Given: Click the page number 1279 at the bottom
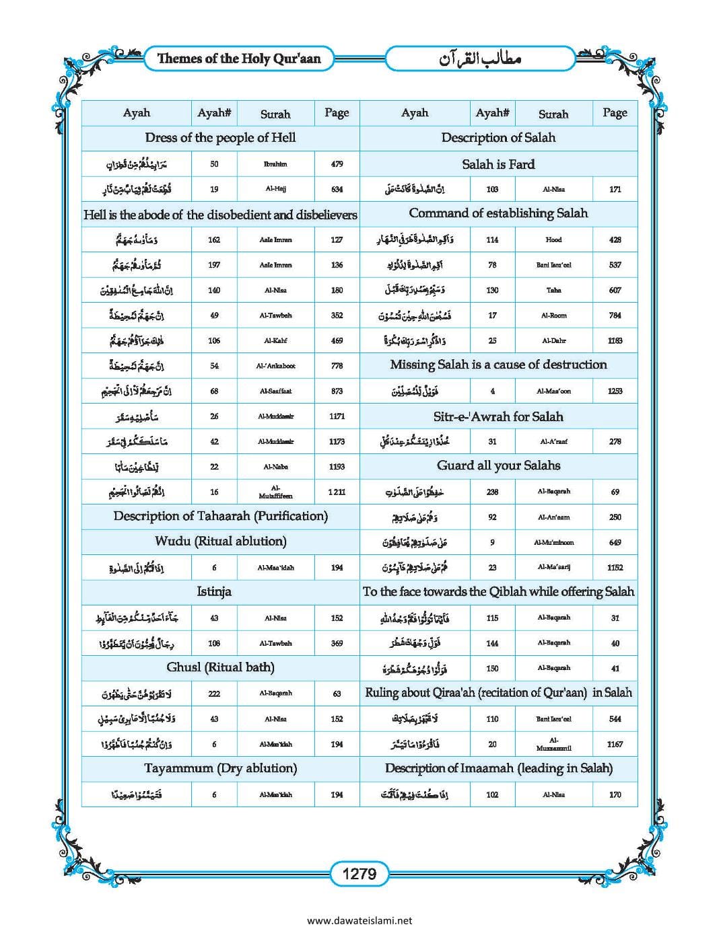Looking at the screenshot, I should (x=359, y=874).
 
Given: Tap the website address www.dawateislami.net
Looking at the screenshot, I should (x=359, y=920).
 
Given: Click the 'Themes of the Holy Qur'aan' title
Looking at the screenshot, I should (x=239, y=59).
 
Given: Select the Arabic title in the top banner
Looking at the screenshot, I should (x=480, y=59).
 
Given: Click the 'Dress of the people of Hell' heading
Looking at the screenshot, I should (x=220, y=138).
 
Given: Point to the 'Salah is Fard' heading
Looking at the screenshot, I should (x=498, y=164).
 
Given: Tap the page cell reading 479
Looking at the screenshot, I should (x=337, y=164).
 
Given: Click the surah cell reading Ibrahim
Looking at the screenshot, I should (x=275, y=164).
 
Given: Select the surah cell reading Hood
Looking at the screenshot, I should (x=553, y=239).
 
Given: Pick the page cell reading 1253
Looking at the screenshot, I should (x=615, y=391).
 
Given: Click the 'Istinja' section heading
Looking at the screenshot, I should (x=214, y=592).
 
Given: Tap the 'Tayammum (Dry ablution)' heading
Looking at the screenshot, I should (x=220, y=768).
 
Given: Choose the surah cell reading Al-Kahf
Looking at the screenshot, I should (x=275, y=340).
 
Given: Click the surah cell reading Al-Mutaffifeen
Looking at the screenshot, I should (x=275, y=492).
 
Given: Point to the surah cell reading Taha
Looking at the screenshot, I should (x=553, y=290).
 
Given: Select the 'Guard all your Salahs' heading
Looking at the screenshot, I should (x=498, y=465).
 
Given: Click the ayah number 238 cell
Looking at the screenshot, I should (x=492, y=492).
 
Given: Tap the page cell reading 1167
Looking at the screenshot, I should (x=615, y=744).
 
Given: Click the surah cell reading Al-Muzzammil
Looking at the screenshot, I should (x=553, y=744).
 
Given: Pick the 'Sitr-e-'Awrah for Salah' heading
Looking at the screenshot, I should (x=498, y=416).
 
